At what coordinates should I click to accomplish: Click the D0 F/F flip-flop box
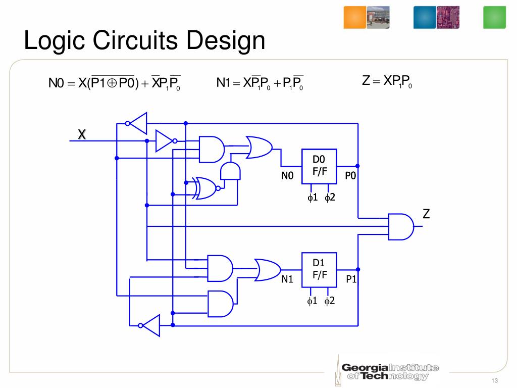click(x=320, y=167)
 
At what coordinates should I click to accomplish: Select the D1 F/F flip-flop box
click(x=320, y=269)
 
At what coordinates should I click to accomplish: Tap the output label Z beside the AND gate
click(x=427, y=214)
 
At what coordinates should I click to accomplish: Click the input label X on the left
click(x=82, y=134)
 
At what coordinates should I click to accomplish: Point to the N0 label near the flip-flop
click(x=287, y=176)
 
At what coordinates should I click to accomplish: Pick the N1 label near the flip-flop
click(x=287, y=278)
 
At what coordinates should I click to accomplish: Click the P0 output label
click(x=351, y=176)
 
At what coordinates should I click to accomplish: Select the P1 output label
click(x=351, y=278)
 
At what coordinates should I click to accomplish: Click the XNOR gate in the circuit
click(x=205, y=188)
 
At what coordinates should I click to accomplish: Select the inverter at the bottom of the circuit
click(x=149, y=326)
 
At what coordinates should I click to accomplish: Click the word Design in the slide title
click(x=225, y=41)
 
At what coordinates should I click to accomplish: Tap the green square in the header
click(x=494, y=18)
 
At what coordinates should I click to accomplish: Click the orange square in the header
click(x=355, y=18)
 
